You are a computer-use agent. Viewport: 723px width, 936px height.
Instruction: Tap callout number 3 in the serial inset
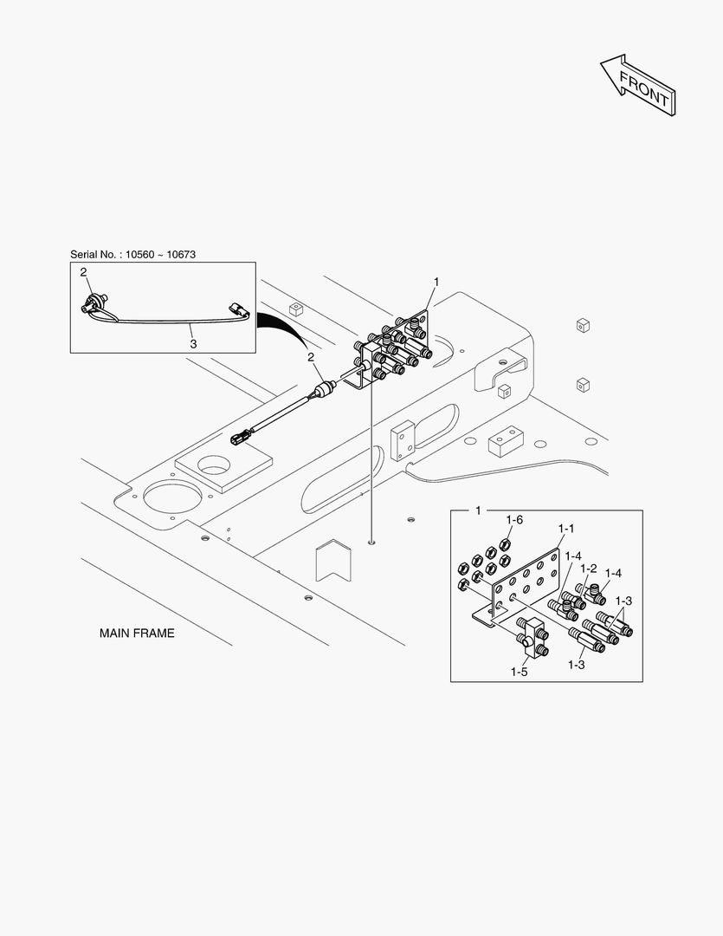click(x=193, y=344)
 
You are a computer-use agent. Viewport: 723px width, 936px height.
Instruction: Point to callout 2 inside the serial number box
click(x=84, y=273)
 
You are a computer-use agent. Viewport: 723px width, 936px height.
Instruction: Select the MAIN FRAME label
click(x=137, y=634)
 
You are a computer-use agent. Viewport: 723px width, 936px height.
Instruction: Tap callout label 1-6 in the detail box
click(x=515, y=519)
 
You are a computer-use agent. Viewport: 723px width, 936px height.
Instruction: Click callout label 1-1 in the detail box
click(x=566, y=528)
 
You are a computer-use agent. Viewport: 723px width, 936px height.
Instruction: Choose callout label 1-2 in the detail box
click(x=589, y=569)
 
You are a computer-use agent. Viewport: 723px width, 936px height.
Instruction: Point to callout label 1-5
click(x=520, y=671)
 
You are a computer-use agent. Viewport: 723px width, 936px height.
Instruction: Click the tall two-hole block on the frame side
click(x=403, y=440)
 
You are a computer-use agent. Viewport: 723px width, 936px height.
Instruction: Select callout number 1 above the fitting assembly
click(x=436, y=282)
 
